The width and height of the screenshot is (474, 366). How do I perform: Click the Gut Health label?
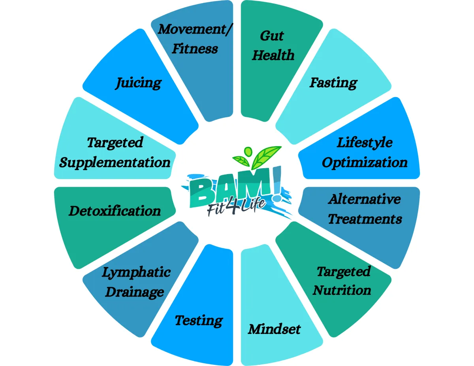coord(273,45)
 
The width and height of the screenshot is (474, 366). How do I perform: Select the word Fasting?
coord(333,83)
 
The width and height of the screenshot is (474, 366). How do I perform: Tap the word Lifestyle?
coord(365,142)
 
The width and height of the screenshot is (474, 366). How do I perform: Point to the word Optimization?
coord(365,162)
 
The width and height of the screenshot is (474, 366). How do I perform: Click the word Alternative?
coord(364,199)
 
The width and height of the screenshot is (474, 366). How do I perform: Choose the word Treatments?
coord(365,218)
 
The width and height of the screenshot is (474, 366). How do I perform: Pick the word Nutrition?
coord(342,290)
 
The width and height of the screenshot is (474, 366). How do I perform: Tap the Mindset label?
coord(274,329)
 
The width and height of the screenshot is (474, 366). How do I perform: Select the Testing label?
coord(199,320)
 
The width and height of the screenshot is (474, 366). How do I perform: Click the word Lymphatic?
coord(136,272)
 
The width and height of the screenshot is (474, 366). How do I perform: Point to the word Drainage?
coord(135,292)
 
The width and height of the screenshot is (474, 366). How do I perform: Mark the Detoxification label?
coord(115,210)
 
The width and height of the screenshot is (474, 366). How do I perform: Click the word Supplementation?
coord(115,162)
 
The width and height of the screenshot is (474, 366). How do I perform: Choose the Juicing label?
coord(138,83)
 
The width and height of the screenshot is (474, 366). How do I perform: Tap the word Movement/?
coord(195,29)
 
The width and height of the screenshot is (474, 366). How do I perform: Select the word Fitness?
coord(195,49)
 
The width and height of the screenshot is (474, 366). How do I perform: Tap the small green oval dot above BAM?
coord(248,151)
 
